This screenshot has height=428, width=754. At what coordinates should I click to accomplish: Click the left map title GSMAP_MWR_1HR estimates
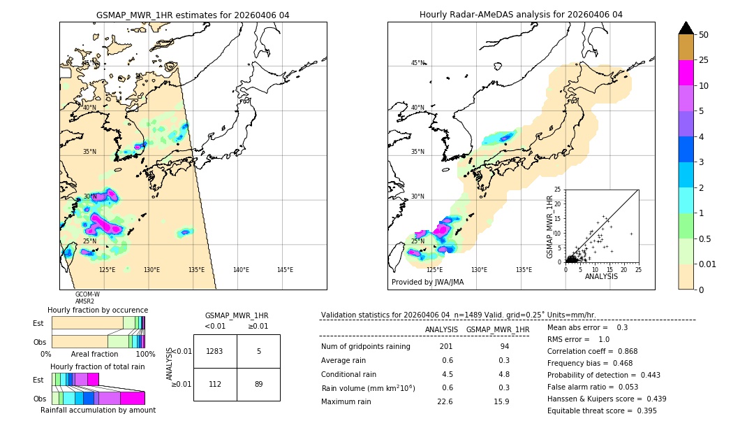click(193, 15)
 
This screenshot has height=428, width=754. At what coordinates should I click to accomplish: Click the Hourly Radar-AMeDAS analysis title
click(521, 15)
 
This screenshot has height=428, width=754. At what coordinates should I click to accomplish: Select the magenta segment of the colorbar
click(686, 73)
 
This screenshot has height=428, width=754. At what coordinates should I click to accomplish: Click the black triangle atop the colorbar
click(686, 28)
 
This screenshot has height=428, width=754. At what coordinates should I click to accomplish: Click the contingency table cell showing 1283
click(215, 351)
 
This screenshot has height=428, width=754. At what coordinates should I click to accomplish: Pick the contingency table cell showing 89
click(258, 383)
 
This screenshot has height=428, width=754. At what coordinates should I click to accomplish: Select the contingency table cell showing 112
click(215, 383)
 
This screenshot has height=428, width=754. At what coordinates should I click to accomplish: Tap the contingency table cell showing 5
click(258, 351)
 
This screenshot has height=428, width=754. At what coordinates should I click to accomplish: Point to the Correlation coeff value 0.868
click(623, 351)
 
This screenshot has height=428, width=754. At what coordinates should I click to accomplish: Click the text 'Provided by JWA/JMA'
click(427, 283)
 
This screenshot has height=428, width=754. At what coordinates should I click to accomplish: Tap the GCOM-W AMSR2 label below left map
click(87, 298)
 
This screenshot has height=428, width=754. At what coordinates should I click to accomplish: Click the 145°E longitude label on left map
click(285, 270)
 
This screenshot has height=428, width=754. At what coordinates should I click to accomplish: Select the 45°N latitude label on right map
click(417, 63)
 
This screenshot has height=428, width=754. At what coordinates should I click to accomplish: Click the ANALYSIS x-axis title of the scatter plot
click(602, 276)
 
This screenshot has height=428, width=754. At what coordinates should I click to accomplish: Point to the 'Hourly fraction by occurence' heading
click(98, 310)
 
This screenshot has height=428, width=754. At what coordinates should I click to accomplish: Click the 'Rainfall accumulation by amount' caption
click(98, 410)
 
